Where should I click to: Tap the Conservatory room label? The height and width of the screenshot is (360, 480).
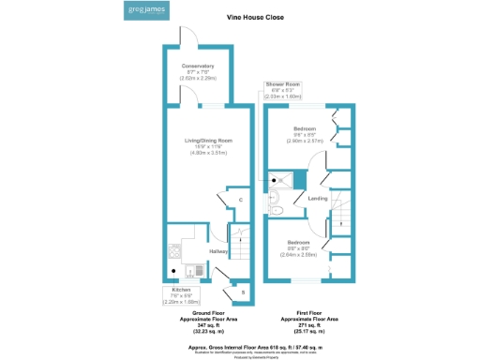click(198, 67)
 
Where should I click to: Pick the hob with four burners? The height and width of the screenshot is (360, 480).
click(173, 251)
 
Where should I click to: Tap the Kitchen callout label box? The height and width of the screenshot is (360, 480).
click(181, 296)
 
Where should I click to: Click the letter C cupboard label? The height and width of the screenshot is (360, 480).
click(241, 200)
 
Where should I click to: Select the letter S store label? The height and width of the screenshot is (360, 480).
click(243, 293)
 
